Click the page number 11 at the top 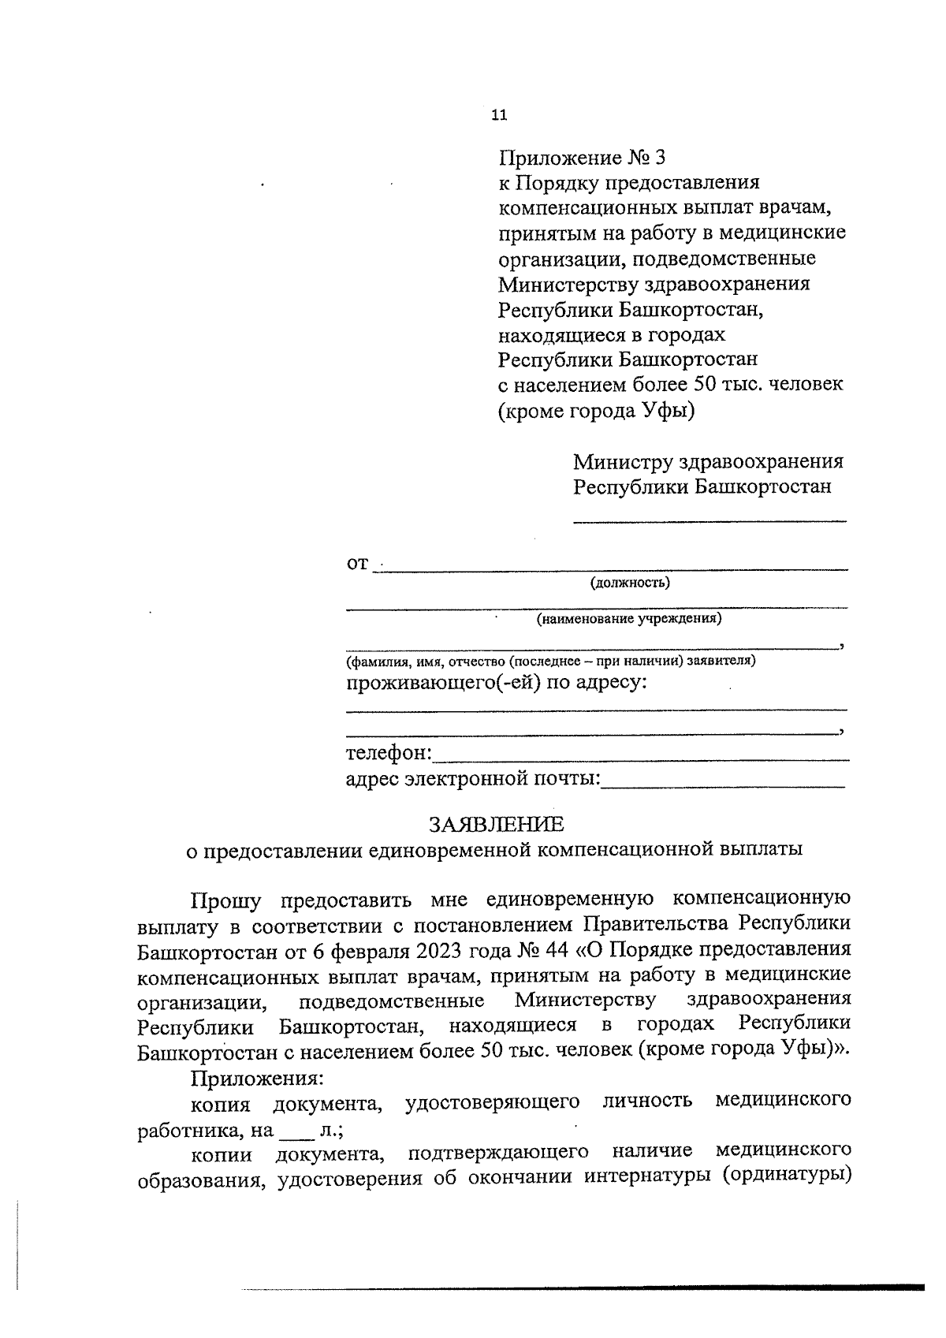tap(498, 115)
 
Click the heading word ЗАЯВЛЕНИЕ tap(497, 825)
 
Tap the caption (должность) tap(631, 583)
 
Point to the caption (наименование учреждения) tap(629, 619)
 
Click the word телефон tap(387, 754)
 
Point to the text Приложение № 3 tap(582, 158)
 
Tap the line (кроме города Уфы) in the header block tap(597, 411)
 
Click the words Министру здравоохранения tap(708, 461)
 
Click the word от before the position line tap(357, 565)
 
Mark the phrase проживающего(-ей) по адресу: tap(497, 682)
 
